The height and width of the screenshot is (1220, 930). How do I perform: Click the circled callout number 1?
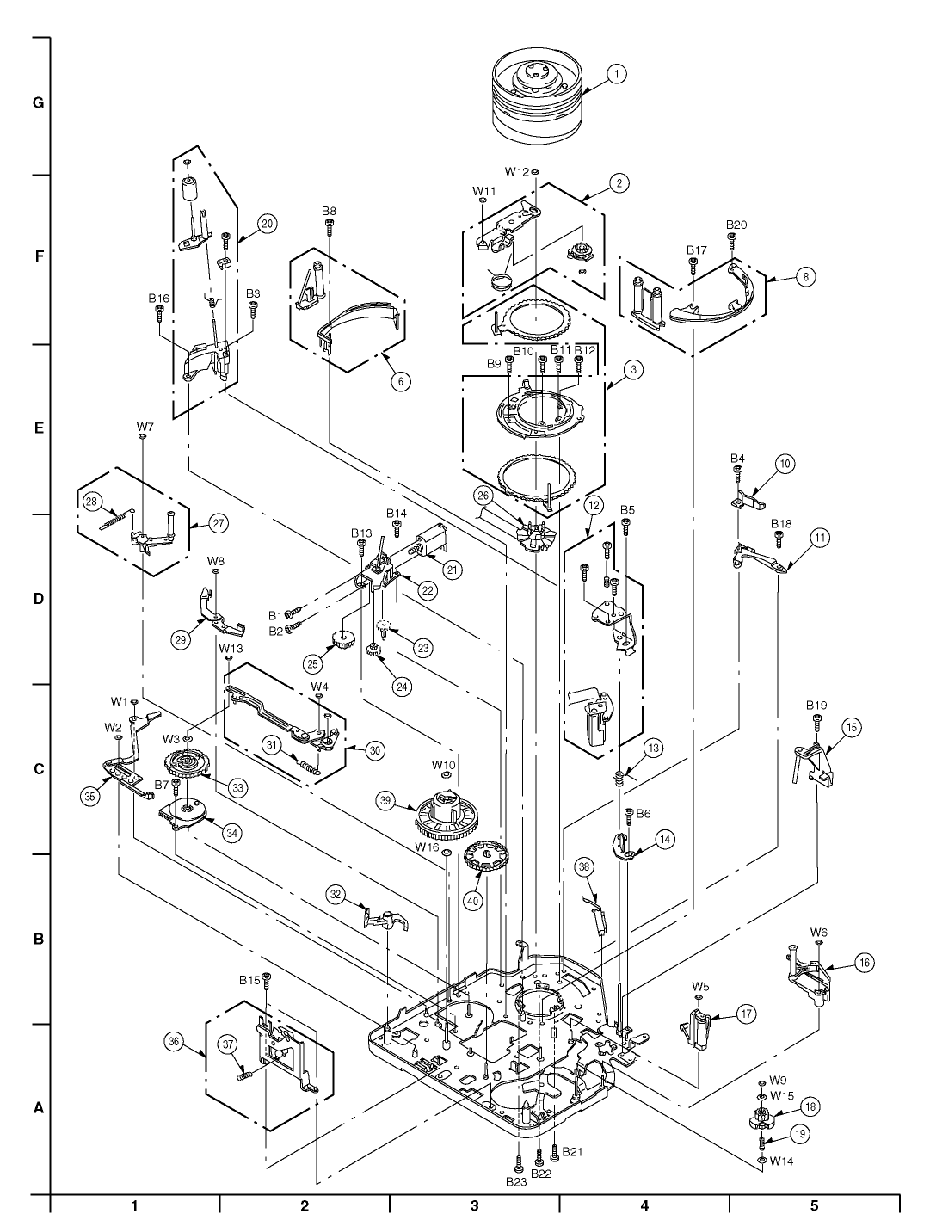pyautogui.click(x=616, y=73)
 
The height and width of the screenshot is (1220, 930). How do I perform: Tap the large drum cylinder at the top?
pyautogui.click(x=537, y=100)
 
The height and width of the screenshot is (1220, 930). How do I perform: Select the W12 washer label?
pyautogui.click(x=517, y=172)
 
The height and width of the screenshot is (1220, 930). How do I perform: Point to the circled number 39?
pyautogui.click(x=401, y=800)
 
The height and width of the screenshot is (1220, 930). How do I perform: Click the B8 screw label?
pyautogui.click(x=329, y=211)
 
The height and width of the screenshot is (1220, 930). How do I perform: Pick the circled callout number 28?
pyautogui.click(x=91, y=502)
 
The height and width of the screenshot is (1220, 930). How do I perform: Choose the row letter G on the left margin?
pyautogui.click(x=39, y=103)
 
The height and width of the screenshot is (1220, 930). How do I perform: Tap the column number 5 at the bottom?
pyautogui.click(x=813, y=1205)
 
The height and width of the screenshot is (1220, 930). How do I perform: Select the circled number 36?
pyautogui.click(x=174, y=1041)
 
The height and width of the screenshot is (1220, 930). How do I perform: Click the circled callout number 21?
pyautogui.click(x=453, y=570)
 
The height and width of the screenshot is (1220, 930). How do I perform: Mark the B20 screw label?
pyautogui.click(x=736, y=225)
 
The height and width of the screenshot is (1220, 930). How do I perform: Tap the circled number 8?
pyautogui.click(x=806, y=276)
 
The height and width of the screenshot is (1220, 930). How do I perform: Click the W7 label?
pyautogui.click(x=145, y=427)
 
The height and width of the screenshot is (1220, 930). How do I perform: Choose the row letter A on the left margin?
pyautogui.click(x=39, y=1107)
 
